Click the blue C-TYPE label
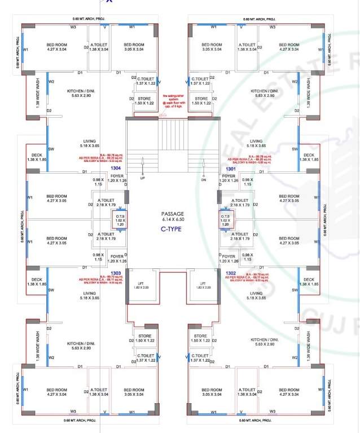172,229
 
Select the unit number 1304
116,167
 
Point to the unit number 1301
230,168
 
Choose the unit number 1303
116,272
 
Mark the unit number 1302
230,272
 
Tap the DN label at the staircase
204,180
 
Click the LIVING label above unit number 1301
256,141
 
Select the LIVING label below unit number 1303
89,294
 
